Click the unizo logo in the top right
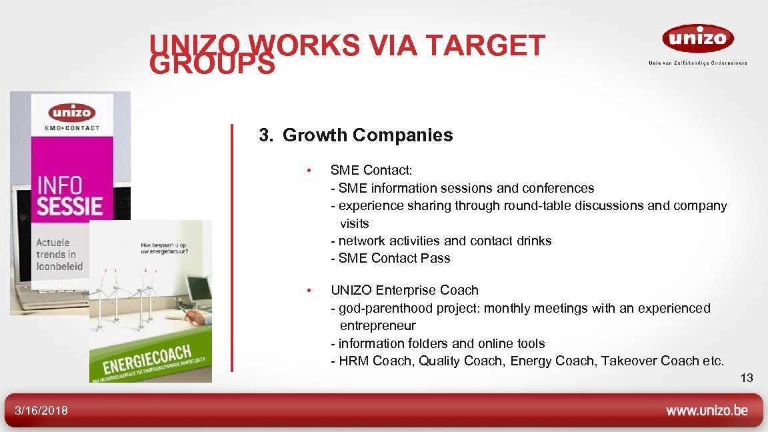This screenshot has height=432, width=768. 697,39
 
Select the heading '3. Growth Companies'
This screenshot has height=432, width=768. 356,135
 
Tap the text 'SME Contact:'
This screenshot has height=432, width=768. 371,171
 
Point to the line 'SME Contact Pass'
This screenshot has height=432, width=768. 394,258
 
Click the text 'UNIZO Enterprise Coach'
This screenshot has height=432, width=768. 405,290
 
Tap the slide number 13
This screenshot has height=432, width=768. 746,378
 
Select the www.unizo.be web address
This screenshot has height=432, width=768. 707,410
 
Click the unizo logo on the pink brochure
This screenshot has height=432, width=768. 71,112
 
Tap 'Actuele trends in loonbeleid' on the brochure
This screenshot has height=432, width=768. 60,254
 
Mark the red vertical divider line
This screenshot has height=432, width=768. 232,247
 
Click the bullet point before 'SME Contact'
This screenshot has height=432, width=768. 309,171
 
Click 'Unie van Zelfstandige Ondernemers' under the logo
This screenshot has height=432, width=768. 697,63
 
